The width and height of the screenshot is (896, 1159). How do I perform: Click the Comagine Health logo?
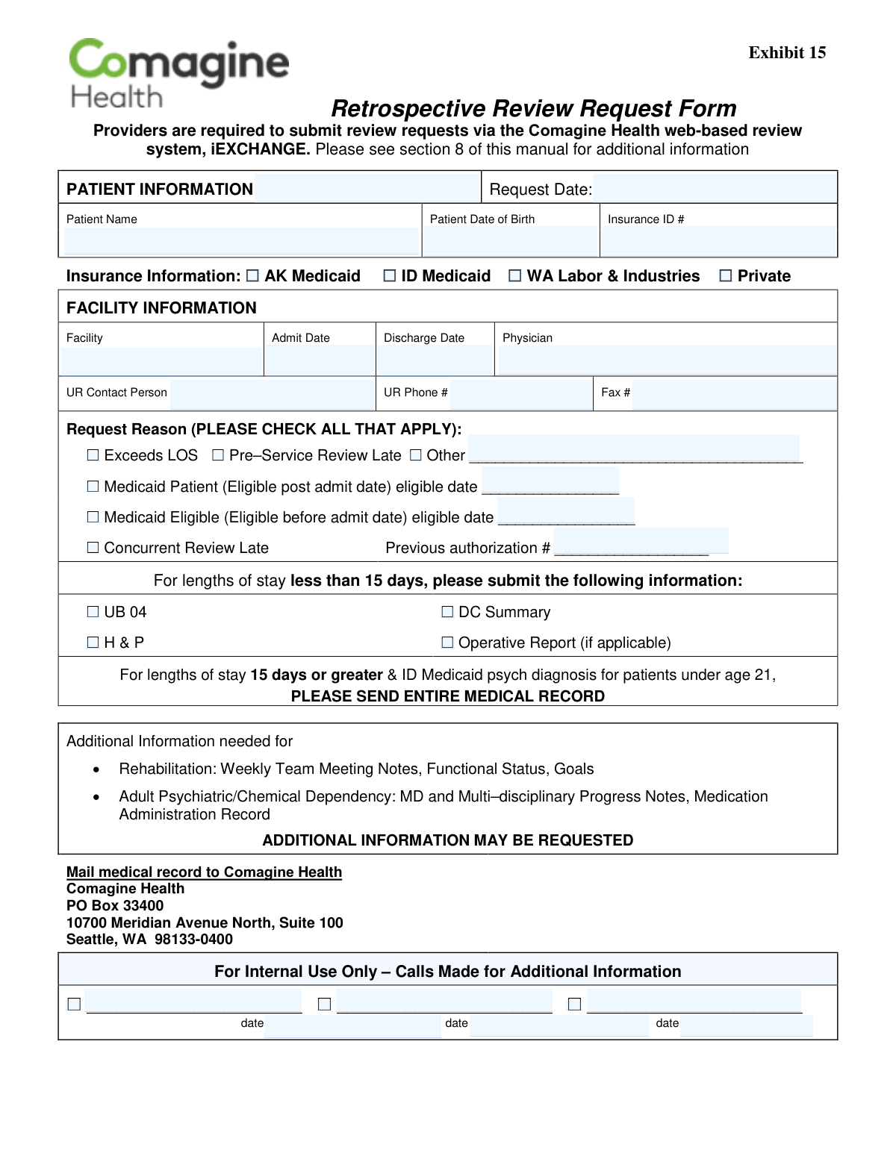[x=178, y=73]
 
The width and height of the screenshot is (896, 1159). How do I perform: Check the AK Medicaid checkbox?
[x=252, y=276]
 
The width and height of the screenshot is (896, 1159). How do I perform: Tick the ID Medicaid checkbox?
[x=389, y=276]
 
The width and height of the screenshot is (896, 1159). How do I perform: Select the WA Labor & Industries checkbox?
[x=514, y=276]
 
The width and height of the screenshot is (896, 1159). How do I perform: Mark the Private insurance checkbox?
[x=725, y=276]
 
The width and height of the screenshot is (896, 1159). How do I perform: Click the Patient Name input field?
[x=241, y=241]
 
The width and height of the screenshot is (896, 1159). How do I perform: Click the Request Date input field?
[x=715, y=189]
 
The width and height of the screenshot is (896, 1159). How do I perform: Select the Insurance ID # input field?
[x=718, y=241]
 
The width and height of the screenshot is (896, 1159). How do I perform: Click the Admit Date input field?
[x=320, y=360]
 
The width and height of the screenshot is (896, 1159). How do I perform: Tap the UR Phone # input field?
[x=521, y=393]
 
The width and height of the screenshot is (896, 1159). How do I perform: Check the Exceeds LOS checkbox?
[x=93, y=455]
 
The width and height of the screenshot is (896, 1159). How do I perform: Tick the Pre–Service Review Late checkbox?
[x=218, y=455]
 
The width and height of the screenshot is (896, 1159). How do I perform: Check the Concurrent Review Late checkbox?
[x=93, y=548]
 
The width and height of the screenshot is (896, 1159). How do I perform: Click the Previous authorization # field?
[x=641, y=543]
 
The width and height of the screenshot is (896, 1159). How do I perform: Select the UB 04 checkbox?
[x=93, y=612]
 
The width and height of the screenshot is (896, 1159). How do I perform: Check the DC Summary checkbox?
[x=447, y=612]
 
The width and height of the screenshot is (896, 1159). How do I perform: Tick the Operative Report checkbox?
[x=447, y=643]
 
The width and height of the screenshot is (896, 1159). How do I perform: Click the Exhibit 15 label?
[x=787, y=53]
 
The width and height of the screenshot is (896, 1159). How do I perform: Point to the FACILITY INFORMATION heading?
[x=161, y=308]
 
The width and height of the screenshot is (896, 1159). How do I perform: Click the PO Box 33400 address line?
[x=115, y=906]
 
